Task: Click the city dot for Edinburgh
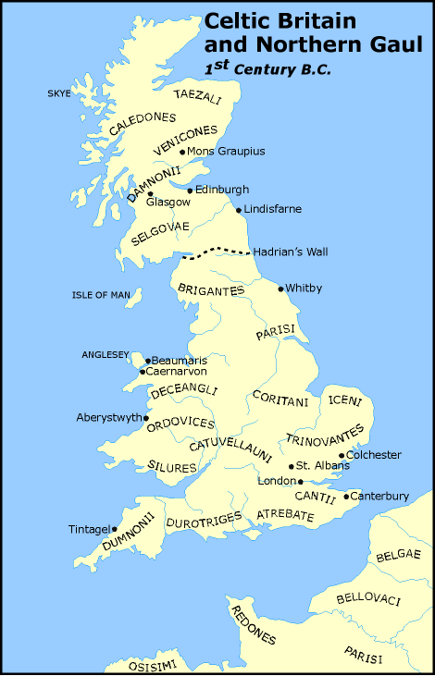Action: [190, 191]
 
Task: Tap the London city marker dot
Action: [301, 481]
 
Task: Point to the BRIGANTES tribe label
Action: [212, 289]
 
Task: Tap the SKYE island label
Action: [59, 93]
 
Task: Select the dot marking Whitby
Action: [281, 289]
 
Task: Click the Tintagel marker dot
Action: [115, 530]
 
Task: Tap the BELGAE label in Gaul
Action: [399, 556]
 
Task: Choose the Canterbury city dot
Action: [346, 497]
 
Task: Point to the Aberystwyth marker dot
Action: [145, 418]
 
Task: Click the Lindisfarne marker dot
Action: [239, 210]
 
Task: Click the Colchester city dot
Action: [342, 455]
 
